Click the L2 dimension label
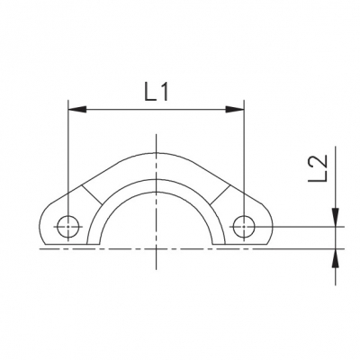(x=317, y=168)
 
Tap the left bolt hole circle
(x=68, y=227)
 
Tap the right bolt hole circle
(x=244, y=227)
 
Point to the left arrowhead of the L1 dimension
(x=77, y=110)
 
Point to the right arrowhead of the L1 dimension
(x=235, y=110)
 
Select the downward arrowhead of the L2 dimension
(x=336, y=217)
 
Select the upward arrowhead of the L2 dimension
(x=336, y=257)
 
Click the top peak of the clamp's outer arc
(x=156, y=153)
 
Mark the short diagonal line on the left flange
(x=92, y=195)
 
